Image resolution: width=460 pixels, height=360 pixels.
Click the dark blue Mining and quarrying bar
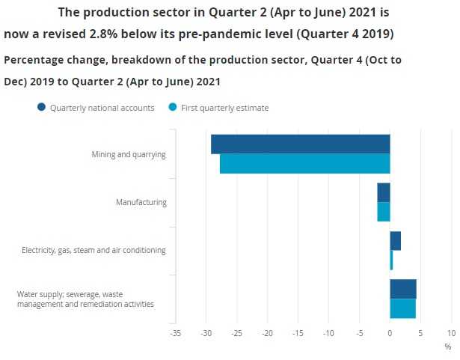point(300,144)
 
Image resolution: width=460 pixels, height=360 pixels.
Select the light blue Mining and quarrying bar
point(304,163)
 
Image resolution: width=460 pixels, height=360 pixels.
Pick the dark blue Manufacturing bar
point(383,192)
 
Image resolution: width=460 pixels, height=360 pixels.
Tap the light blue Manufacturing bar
point(383,212)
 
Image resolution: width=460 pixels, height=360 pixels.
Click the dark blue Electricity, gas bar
point(395,240)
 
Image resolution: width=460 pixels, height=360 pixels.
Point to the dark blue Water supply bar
point(402,289)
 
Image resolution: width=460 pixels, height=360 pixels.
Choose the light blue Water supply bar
point(402,308)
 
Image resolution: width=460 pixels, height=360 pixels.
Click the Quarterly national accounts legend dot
point(41,108)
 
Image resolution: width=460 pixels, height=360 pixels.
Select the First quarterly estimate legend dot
point(173,108)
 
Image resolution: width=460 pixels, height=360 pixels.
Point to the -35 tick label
point(175,332)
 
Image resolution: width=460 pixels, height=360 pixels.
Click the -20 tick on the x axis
point(267,332)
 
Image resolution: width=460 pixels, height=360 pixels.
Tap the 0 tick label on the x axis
point(390,332)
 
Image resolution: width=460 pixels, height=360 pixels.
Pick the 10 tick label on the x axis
point(451,332)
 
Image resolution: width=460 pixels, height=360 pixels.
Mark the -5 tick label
point(358,332)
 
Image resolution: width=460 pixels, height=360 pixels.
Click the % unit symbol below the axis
point(447,347)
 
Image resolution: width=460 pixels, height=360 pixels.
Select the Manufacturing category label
point(141,202)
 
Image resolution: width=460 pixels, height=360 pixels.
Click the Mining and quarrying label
point(128,154)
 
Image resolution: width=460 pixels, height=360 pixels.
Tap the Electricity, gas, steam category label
point(93,250)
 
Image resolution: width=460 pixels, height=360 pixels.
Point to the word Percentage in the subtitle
point(38,60)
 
